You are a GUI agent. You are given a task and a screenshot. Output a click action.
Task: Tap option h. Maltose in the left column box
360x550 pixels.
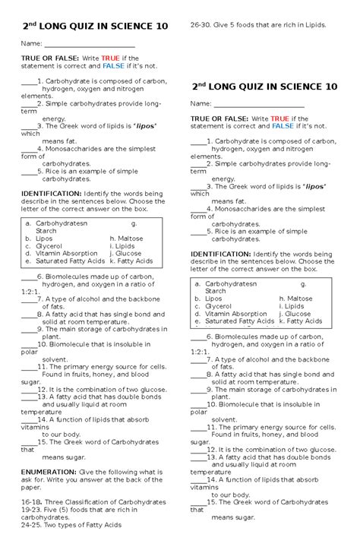coord(126,238)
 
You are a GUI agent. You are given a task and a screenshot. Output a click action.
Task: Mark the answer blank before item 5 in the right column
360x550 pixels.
coord(197,232)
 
